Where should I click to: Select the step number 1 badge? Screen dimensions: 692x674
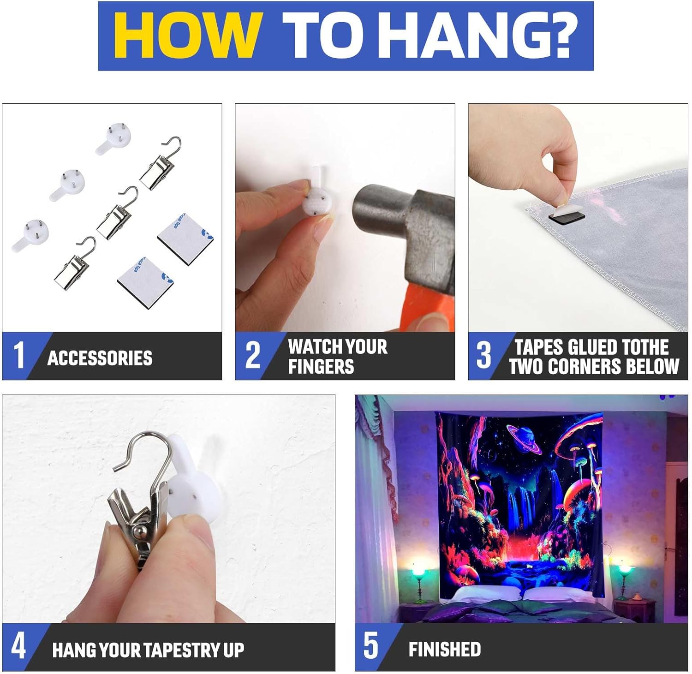pyautogui.click(x=18, y=355)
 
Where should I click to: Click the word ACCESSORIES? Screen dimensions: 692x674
pyautogui.click(x=100, y=358)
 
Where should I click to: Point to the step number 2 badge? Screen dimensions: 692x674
pyautogui.click(x=253, y=355)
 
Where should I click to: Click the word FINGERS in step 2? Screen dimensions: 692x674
pyautogui.click(x=321, y=367)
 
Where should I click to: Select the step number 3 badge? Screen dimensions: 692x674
pyautogui.click(x=484, y=355)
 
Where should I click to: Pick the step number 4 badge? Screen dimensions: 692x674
pyautogui.click(x=18, y=646)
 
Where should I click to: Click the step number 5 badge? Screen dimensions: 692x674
pyautogui.click(x=371, y=646)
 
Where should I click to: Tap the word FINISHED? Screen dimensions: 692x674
pyautogui.click(x=445, y=650)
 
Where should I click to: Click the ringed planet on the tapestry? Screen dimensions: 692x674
pyautogui.click(x=525, y=439)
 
